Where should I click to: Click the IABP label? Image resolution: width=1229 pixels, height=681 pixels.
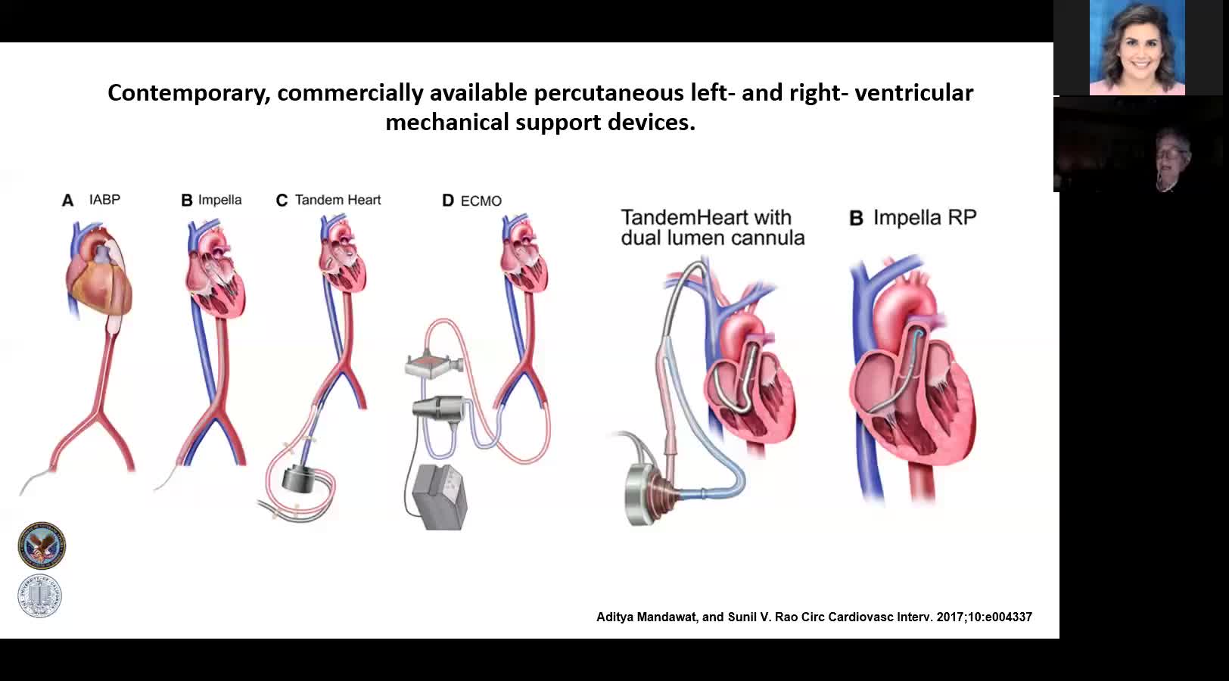[x=104, y=200]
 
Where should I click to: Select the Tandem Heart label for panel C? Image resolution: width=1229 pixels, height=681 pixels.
[x=338, y=201]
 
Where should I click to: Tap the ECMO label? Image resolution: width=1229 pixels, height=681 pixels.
[x=481, y=201]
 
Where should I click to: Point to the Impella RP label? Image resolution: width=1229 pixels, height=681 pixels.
[x=924, y=218]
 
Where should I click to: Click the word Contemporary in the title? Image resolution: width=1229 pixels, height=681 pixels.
[x=189, y=92]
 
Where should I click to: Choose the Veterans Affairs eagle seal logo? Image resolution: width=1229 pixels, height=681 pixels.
[x=42, y=545]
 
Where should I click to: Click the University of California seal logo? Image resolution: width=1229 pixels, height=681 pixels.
[x=40, y=596]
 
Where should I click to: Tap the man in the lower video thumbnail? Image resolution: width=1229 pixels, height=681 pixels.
[x=1171, y=155]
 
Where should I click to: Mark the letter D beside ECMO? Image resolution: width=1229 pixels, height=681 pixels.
[x=448, y=201]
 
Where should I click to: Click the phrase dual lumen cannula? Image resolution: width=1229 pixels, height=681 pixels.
[x=712, y=238]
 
